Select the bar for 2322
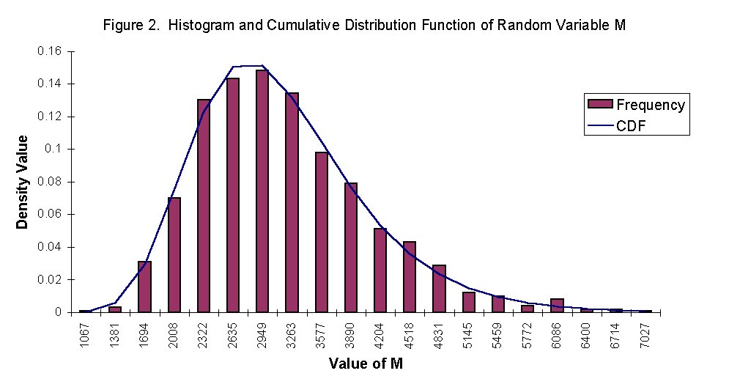[204, 206]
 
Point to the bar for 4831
[439, 289]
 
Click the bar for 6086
[557, 306]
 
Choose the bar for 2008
[174, 255]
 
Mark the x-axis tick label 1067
[86, 336]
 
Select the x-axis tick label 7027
[645, 336]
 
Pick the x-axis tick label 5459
[498, 336]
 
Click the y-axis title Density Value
[23, 182]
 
